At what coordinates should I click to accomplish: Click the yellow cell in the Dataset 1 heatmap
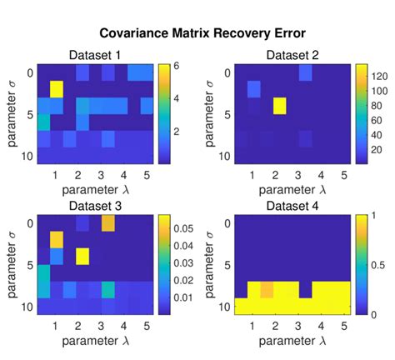[x=57, y=88]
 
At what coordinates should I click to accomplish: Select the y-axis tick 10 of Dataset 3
[x=26, y=307]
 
